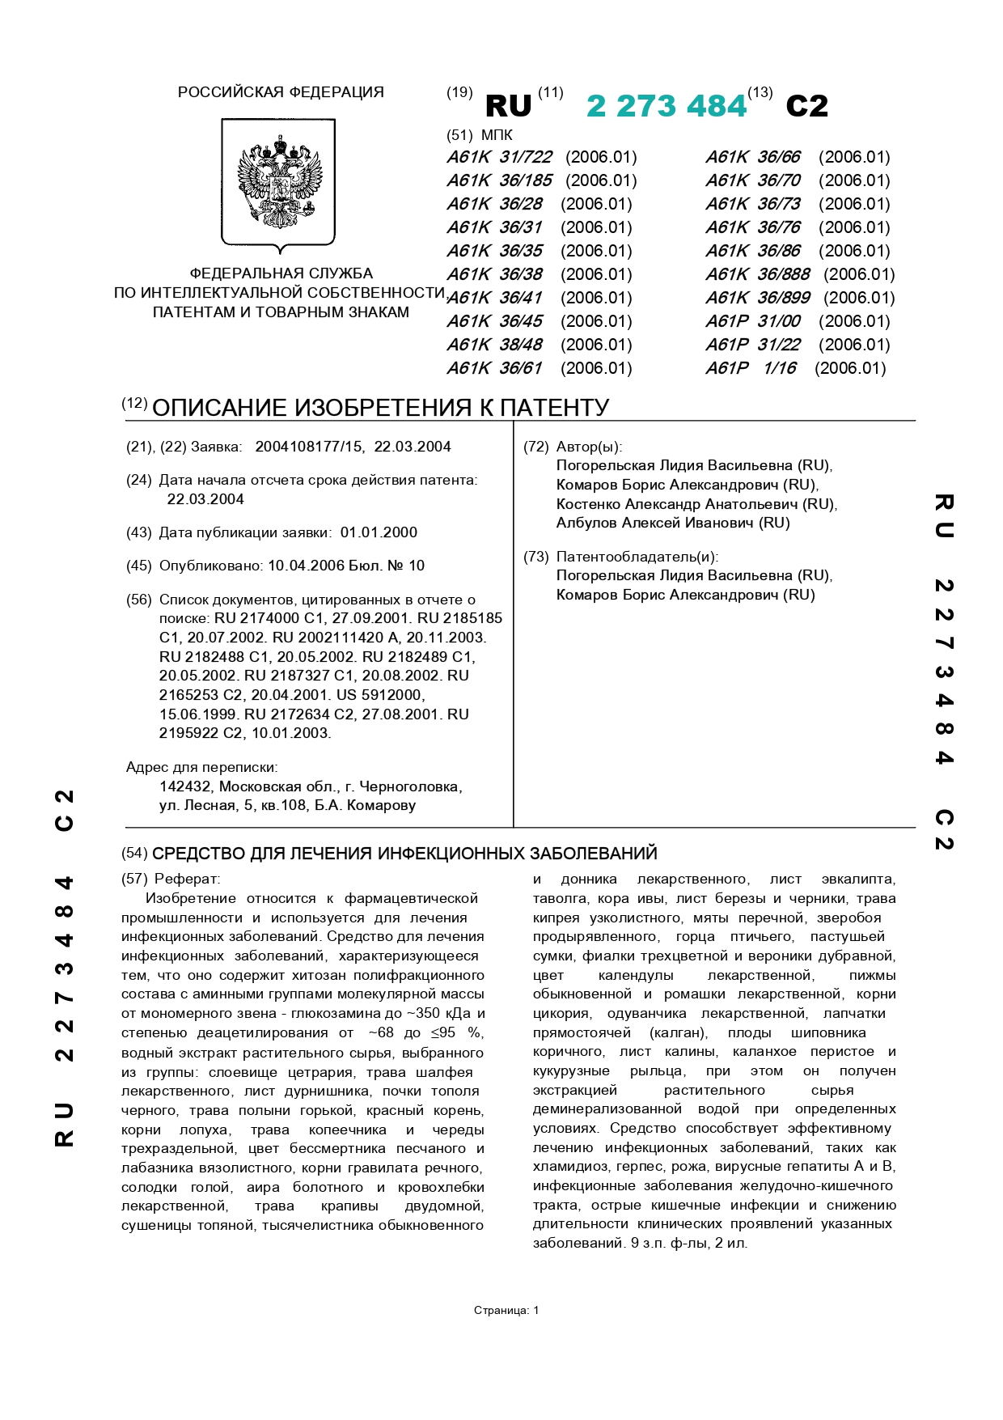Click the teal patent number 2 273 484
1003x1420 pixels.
666,106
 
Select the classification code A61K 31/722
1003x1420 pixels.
499,157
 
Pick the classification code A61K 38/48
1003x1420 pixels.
494,345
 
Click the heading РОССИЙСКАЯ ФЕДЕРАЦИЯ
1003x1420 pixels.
281,92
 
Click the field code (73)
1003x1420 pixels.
535,557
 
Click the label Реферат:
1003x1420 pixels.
187,879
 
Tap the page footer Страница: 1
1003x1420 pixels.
506,1310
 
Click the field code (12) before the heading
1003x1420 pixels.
134,403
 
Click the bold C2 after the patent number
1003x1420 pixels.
806,106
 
